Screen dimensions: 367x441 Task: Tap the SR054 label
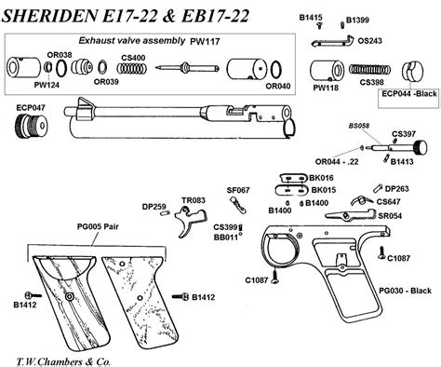pyautogui.click(x=390, y=214)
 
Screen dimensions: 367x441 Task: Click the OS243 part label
pyautogui.click(x=369, y=41)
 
